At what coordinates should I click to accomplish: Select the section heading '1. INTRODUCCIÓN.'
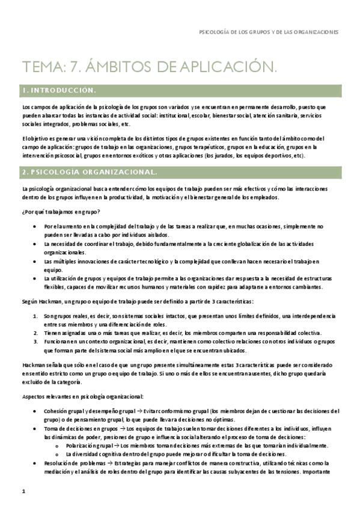[58, 90]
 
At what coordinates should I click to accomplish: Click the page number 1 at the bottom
[23, 491]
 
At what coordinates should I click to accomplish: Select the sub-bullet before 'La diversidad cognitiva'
[56, 455]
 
